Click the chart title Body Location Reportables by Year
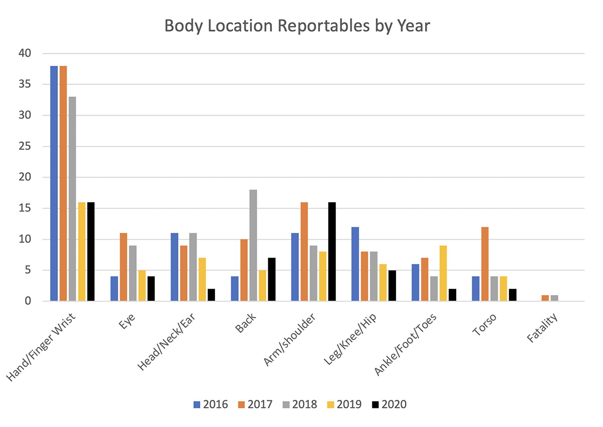[x=297, y=26]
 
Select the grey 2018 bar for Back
[x=253, y=245]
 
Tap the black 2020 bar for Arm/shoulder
[x=332, y=251]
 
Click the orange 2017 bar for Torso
[x=485, y=264]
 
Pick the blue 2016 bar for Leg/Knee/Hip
[x=355, y=264]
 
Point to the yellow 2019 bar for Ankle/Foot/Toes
[x=443, y=273]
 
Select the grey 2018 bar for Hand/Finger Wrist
[x=72, y=199]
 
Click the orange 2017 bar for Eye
[x=124, y=267]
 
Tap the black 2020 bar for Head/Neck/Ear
[x=211, y=295]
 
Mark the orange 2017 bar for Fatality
[x=545, y=298]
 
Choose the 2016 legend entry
[x=211, y=404]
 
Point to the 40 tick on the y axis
[x=25, y=53]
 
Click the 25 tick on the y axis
[x=25, y=146]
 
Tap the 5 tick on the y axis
[x=28, y=270]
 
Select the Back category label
[x=246, y=324]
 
